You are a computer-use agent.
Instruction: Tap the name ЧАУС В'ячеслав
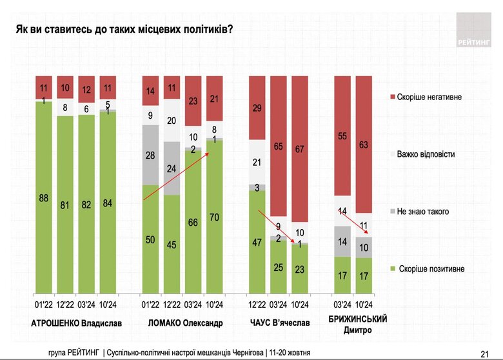(279, 323)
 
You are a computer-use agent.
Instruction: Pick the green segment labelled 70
(214, 217)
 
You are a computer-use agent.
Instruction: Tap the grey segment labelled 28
(151, 155)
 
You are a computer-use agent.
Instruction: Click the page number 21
(484, 353)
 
